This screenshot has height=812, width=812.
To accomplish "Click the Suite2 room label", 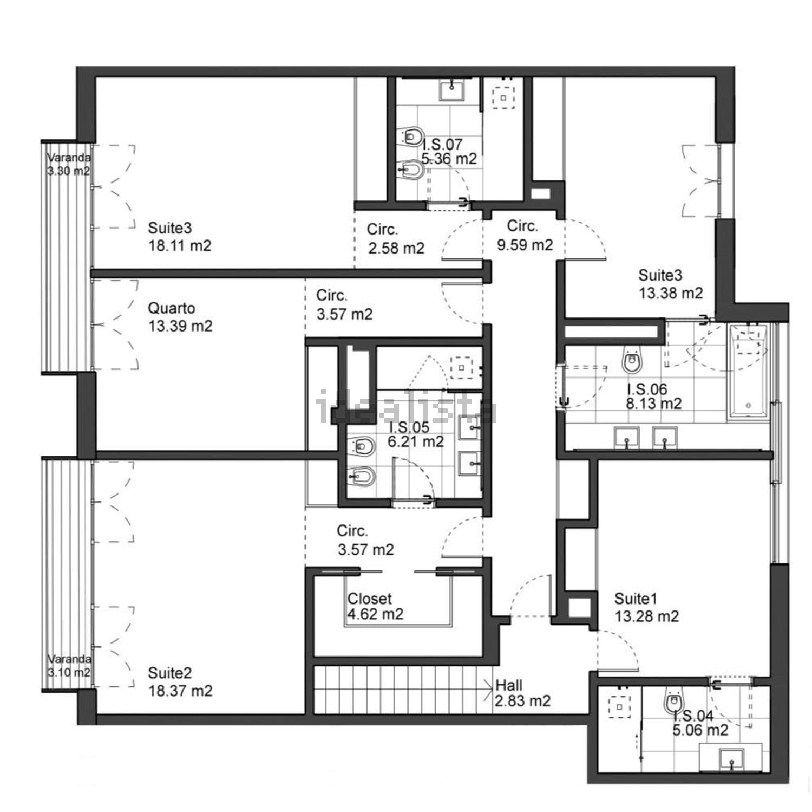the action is [169, 673].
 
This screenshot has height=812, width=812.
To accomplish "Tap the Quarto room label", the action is [172, 308].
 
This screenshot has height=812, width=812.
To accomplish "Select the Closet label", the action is [370, 599].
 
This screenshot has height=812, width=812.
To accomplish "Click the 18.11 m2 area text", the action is [180, 245].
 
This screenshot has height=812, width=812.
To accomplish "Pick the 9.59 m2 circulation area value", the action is [525, 245].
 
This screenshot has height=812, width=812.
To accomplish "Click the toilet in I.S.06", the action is [632, 360].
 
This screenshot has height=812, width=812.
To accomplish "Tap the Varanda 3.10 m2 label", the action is [68, 666].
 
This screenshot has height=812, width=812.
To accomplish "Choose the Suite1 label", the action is [636, 599].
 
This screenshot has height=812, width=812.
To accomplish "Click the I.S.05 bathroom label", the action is [409, 427].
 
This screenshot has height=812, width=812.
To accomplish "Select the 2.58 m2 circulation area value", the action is [396, 248].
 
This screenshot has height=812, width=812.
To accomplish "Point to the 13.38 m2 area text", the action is [671, 293].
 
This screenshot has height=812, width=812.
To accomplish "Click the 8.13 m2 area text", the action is [654, 404].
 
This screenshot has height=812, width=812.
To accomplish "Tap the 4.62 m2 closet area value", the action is [375, 614].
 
